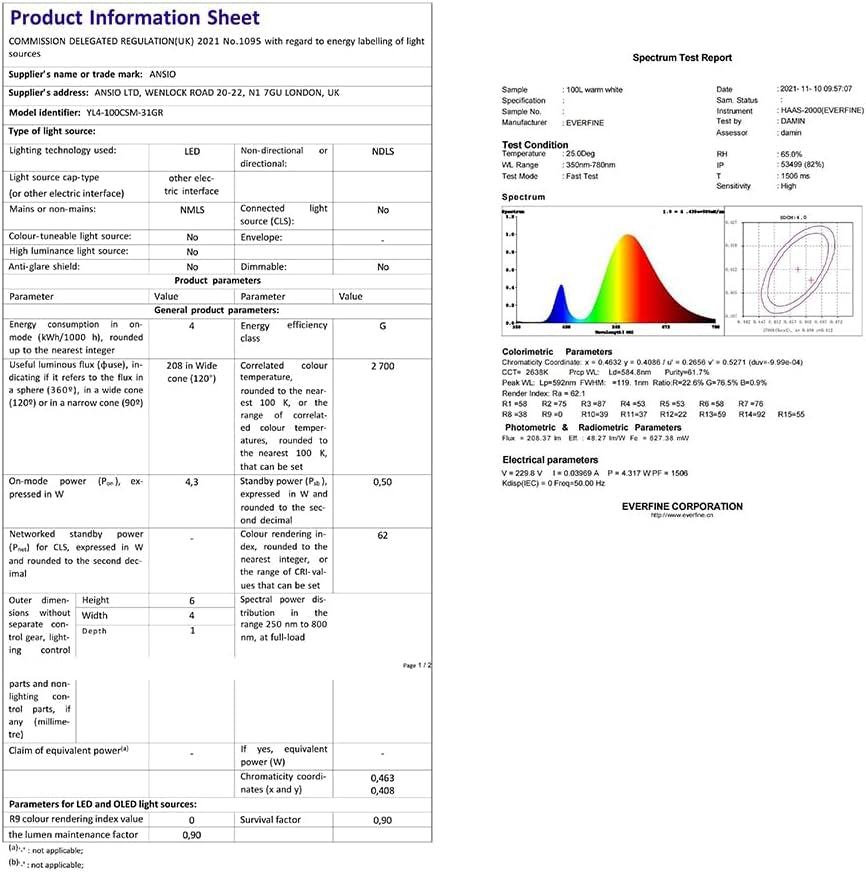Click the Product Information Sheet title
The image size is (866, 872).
point(135,18)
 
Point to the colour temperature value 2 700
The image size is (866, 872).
point(382,366)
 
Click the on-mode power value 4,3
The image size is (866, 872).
point(192,482)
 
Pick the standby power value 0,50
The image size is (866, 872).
point(382,482)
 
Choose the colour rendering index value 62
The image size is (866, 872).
point(382,536)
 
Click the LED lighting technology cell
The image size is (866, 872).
point(192,151)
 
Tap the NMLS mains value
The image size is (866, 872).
point(192,210)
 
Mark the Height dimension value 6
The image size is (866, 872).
point(192,600)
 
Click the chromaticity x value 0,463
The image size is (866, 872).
point(382,776)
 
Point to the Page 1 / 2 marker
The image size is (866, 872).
point(416,665)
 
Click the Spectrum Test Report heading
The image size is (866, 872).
point(682,58)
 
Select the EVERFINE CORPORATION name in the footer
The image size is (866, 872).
point(682,506)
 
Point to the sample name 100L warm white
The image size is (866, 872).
point(594,90)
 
